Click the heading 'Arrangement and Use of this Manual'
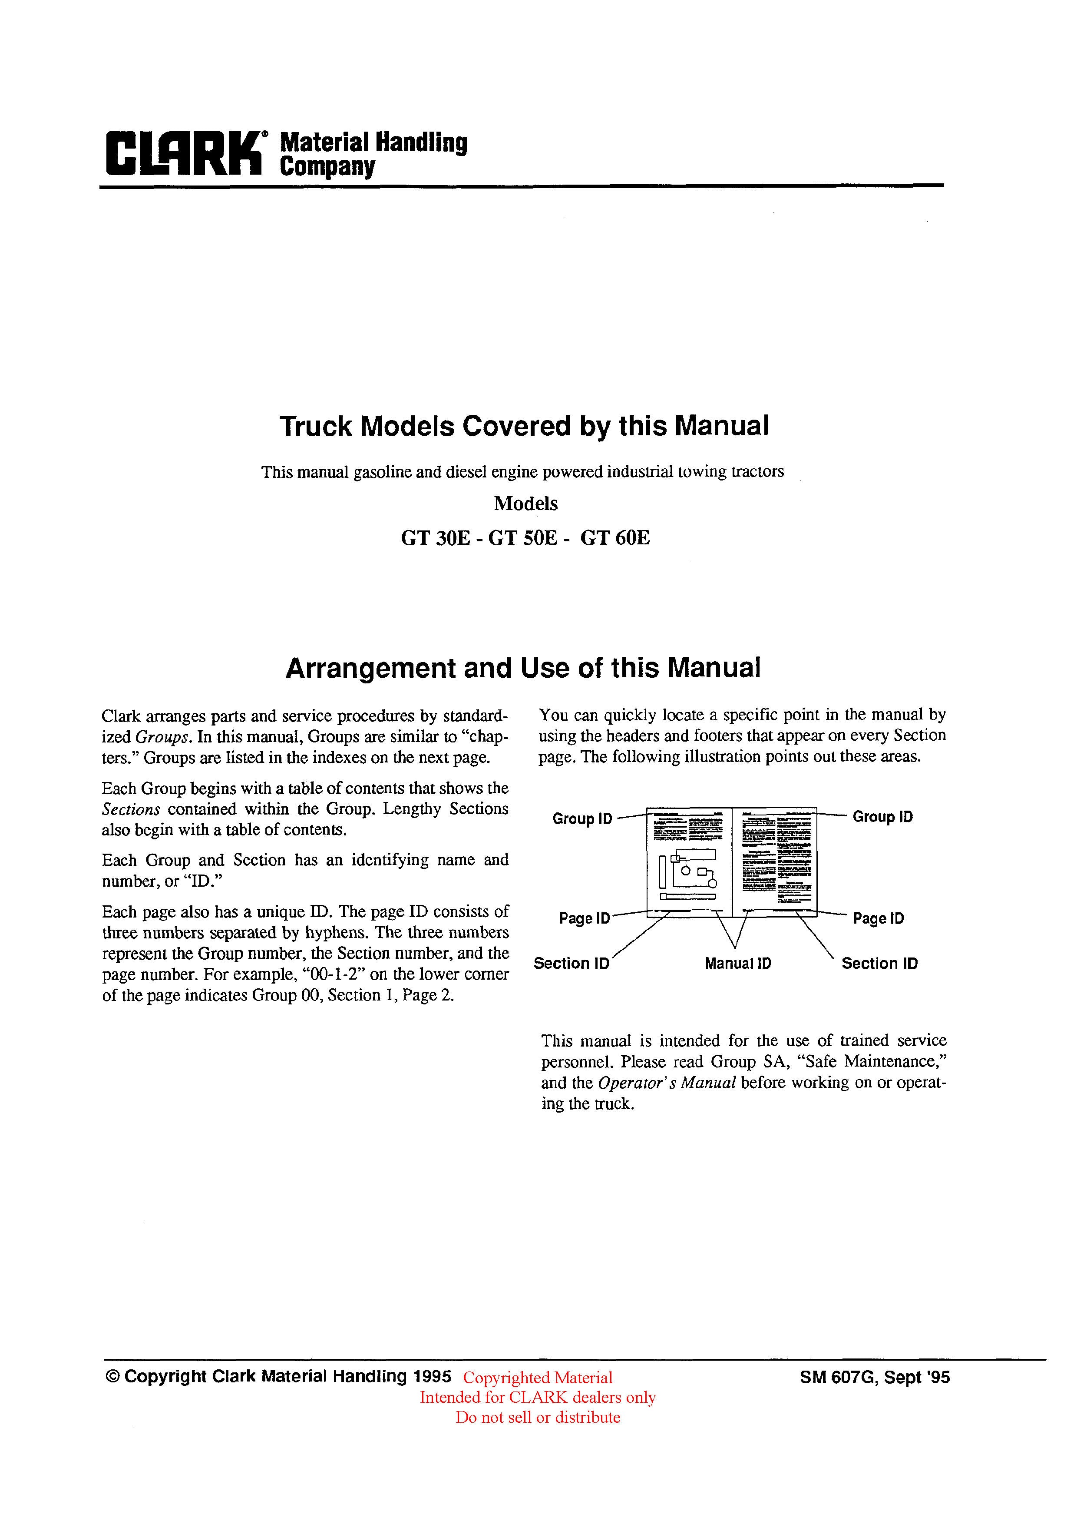tap(523, 668)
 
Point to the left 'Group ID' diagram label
tap(582, 819)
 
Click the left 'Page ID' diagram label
tap(584, 919)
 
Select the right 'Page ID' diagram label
tap(878, 919)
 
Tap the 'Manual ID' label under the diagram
tap(738, 964)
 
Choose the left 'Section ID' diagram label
tap(572, 964)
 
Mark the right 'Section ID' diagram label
tap(879, 964)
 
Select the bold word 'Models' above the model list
tap(525, 504)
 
